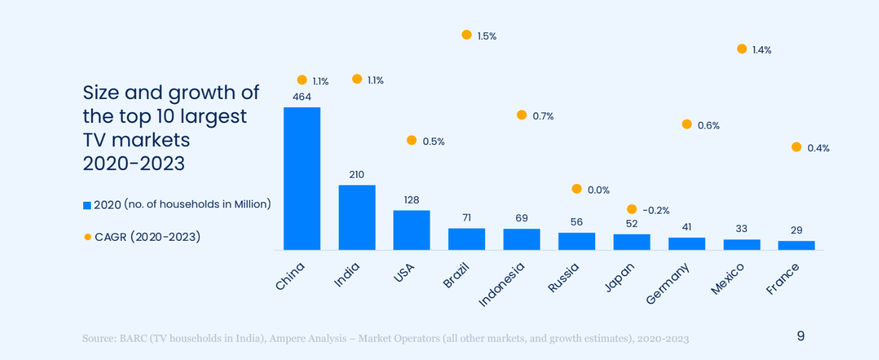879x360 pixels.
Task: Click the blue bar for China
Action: [301, 178]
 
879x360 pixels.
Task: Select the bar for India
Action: [357, 217]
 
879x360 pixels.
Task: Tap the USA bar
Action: [412, 229]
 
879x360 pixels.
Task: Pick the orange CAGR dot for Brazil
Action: [467, 35]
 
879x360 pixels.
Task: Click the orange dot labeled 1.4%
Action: [742, 49]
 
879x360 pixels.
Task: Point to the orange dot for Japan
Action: [631, 209]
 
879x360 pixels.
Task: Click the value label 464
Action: [301, 97]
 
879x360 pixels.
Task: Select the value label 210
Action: [357, 175]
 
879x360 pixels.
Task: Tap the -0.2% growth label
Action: [656, 210]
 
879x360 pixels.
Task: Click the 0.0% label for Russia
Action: [598, 190]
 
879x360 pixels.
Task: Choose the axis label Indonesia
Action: [502, 284]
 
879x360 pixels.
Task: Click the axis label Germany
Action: [668, 283]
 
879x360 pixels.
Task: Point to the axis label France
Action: [783, 279]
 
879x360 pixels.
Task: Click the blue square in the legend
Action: [87, 205]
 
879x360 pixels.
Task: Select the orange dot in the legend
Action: [87, 237]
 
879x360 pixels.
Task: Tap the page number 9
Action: [801, 336]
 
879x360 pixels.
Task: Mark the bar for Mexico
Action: [742, 245]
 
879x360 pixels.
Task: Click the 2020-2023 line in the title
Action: [134, 163]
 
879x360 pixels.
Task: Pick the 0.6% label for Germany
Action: [709, 125]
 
